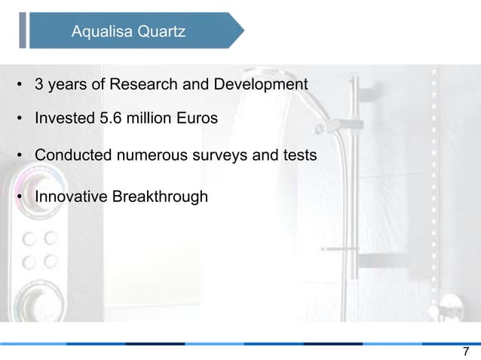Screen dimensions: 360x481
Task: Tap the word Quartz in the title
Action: coord(158,32)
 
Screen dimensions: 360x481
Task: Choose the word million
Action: coord(149,119)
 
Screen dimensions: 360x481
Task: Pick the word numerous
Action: coord(150,156)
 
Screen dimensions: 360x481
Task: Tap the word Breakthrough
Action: coord(159,197)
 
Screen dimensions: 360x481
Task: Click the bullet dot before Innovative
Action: coord(19,198)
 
